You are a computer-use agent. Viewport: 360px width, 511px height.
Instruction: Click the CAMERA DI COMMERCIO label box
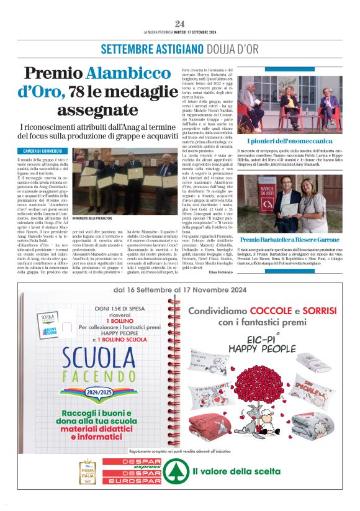tap(43, 151)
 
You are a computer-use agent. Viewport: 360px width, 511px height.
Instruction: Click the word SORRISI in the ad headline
tap(316, 310)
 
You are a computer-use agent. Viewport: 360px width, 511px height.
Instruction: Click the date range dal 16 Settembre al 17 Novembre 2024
tap(180, 289)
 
